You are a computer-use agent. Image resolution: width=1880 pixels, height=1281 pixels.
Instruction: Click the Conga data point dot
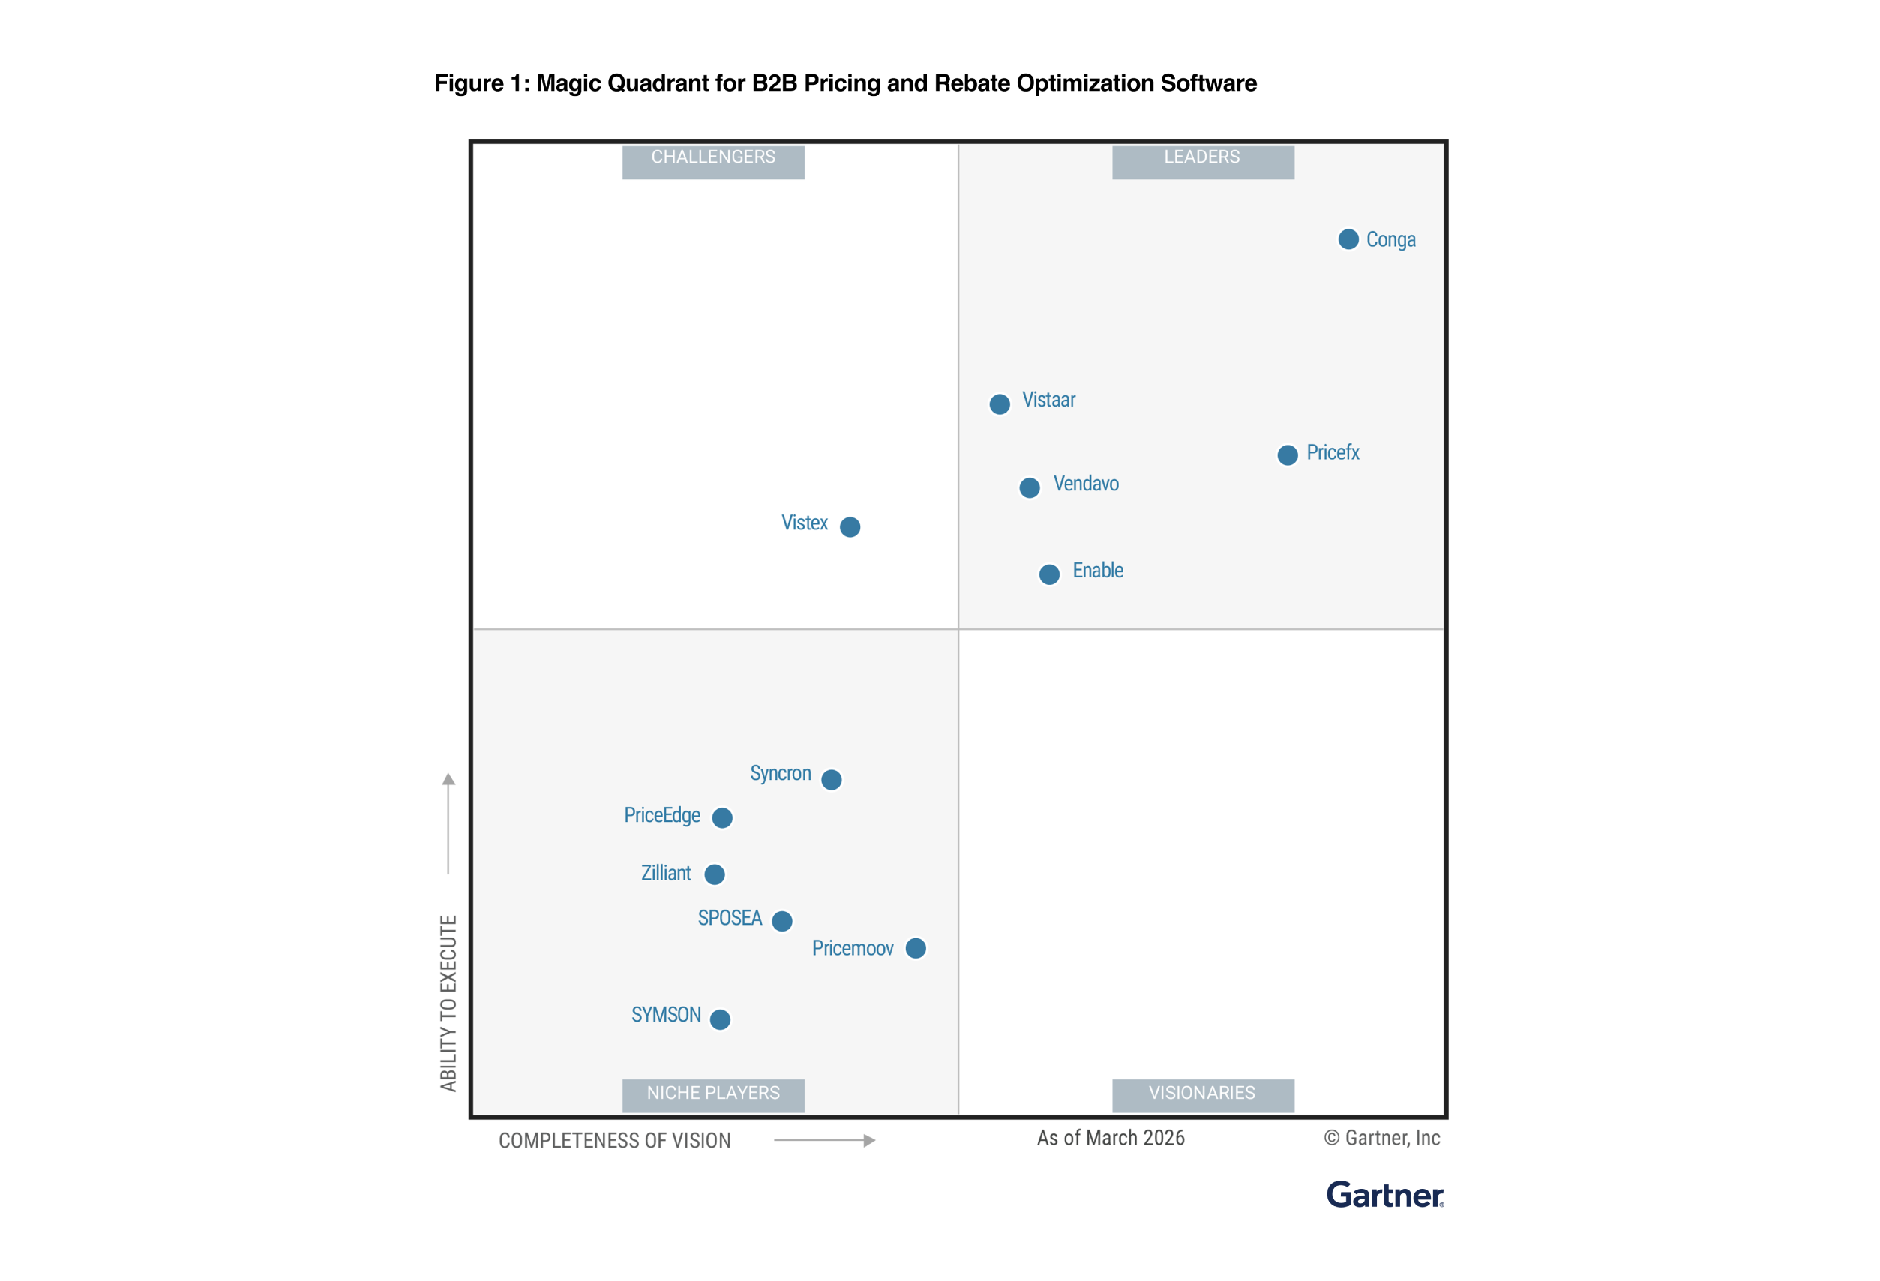(x=1348, y=239)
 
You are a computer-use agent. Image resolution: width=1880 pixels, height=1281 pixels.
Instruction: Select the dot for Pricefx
(x=1287, y=454)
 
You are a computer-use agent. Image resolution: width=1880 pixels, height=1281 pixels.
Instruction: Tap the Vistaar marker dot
(x=1000, y=403)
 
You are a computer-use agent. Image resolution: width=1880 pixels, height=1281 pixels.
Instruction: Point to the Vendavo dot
(x=1029, y=488)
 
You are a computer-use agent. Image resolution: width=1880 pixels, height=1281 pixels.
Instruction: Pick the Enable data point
(x=1049, y=574)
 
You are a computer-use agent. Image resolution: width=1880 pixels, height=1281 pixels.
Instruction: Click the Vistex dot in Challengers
(x=850, y=526)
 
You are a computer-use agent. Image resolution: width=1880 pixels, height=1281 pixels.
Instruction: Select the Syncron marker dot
(x=831, y=779)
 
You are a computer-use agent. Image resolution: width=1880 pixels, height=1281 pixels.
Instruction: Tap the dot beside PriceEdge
(x=721, y=818)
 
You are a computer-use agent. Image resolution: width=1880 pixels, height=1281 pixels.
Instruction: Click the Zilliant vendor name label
(x=666, y=873)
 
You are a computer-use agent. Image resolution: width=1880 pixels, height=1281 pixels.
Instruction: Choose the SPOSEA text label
(x=730, y=918)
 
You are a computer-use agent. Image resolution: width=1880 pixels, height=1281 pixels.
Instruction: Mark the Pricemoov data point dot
(x=915, y=949)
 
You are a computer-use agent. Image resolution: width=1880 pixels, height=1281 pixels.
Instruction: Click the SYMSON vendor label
(x=666, y=1015)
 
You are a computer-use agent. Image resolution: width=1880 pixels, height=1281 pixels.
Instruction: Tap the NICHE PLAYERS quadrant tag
(x=712, y=1094)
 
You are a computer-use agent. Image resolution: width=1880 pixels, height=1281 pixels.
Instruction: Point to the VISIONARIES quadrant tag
(x=1202, y=1094)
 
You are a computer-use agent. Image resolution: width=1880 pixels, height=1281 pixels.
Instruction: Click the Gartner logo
(x=1384, y=1195)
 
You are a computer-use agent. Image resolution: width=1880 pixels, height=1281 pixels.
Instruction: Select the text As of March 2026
(x=1110, y=1138)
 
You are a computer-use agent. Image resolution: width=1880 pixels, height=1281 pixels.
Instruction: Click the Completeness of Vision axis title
(x=614, y=1141)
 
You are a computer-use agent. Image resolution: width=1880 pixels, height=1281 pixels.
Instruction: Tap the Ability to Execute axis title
(x=448, y=1003)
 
